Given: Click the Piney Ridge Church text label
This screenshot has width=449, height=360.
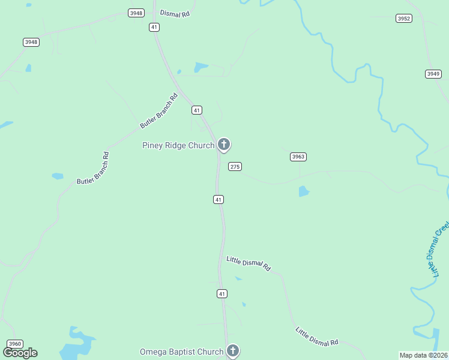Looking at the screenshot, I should tap(178, 145).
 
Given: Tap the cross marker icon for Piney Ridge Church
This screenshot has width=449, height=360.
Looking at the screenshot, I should tap(224, 144).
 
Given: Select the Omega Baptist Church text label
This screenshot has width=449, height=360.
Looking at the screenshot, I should tap(182, 352).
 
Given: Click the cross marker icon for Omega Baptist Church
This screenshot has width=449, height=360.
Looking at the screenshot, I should tap(233, 350).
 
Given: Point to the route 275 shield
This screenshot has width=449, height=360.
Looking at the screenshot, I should tap(235, 166).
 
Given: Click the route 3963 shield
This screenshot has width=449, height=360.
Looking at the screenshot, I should tap(298, 157).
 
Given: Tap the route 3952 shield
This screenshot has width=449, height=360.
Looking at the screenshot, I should tap(404, 19).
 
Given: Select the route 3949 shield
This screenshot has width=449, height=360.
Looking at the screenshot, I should tap(433, 74).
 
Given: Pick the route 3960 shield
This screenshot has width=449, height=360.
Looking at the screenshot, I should tap(15, 344).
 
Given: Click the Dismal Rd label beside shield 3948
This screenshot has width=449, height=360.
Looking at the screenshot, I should tap(175, 13).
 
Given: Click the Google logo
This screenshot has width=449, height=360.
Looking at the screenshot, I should tap(20, 353).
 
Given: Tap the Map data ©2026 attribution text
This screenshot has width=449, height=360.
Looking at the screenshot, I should tap(423, 355).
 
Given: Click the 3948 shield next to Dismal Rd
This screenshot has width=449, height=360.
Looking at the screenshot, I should tap(136, 13).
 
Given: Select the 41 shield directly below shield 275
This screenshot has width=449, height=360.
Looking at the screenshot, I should tap(218, 199).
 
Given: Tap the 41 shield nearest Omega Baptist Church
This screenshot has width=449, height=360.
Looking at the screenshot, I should tap(222, 293).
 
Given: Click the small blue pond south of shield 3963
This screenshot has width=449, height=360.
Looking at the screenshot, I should tap(304, 191).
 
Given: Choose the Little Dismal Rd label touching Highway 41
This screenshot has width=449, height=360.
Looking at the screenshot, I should tap(249, 263).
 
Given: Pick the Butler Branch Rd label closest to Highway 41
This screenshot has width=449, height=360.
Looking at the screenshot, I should tap(159, 110).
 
